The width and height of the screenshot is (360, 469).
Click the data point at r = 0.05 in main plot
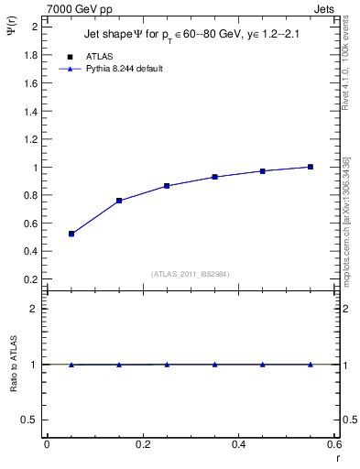click(71, 234)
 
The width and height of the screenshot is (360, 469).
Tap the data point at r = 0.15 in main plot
click(119, 201)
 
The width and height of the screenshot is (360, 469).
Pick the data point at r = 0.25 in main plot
click(167, 186)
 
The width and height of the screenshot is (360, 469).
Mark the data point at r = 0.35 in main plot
click(214, 177)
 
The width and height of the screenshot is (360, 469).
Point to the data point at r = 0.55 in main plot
click(311, 167)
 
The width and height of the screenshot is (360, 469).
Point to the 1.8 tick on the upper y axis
click(30, 55)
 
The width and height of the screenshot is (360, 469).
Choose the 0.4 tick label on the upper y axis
click(30, 251)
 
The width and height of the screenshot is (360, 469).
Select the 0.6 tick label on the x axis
click(334, 444)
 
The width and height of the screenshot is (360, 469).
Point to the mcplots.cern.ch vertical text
click(346, 221)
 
